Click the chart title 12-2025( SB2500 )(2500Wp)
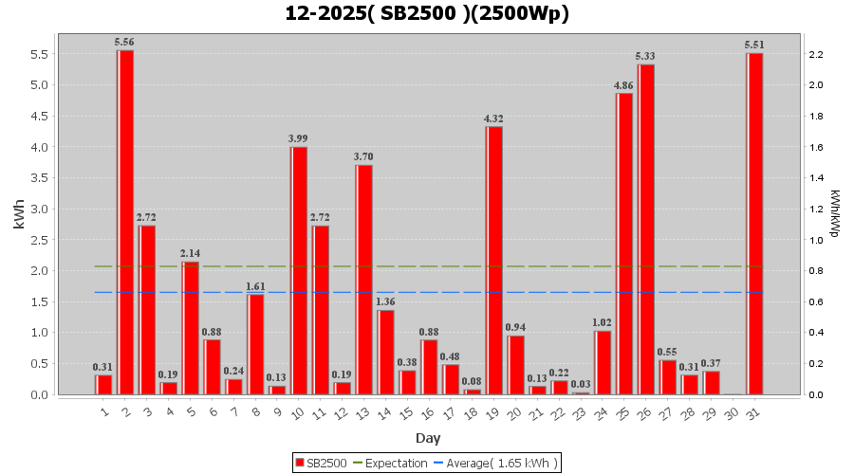coord(427,13)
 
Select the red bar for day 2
coord(125,222)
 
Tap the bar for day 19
coord(494,261)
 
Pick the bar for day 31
coord(755,224)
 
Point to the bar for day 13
coord(364,280)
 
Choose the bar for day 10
coord(299,270)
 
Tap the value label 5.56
coord(124,42)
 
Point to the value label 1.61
coord(255,286)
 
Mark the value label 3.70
coord(363,156)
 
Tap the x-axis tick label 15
coord(406,413)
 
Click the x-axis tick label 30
coord(732,413)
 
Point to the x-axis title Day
coord(427,438)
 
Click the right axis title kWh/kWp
coord(834,212)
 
